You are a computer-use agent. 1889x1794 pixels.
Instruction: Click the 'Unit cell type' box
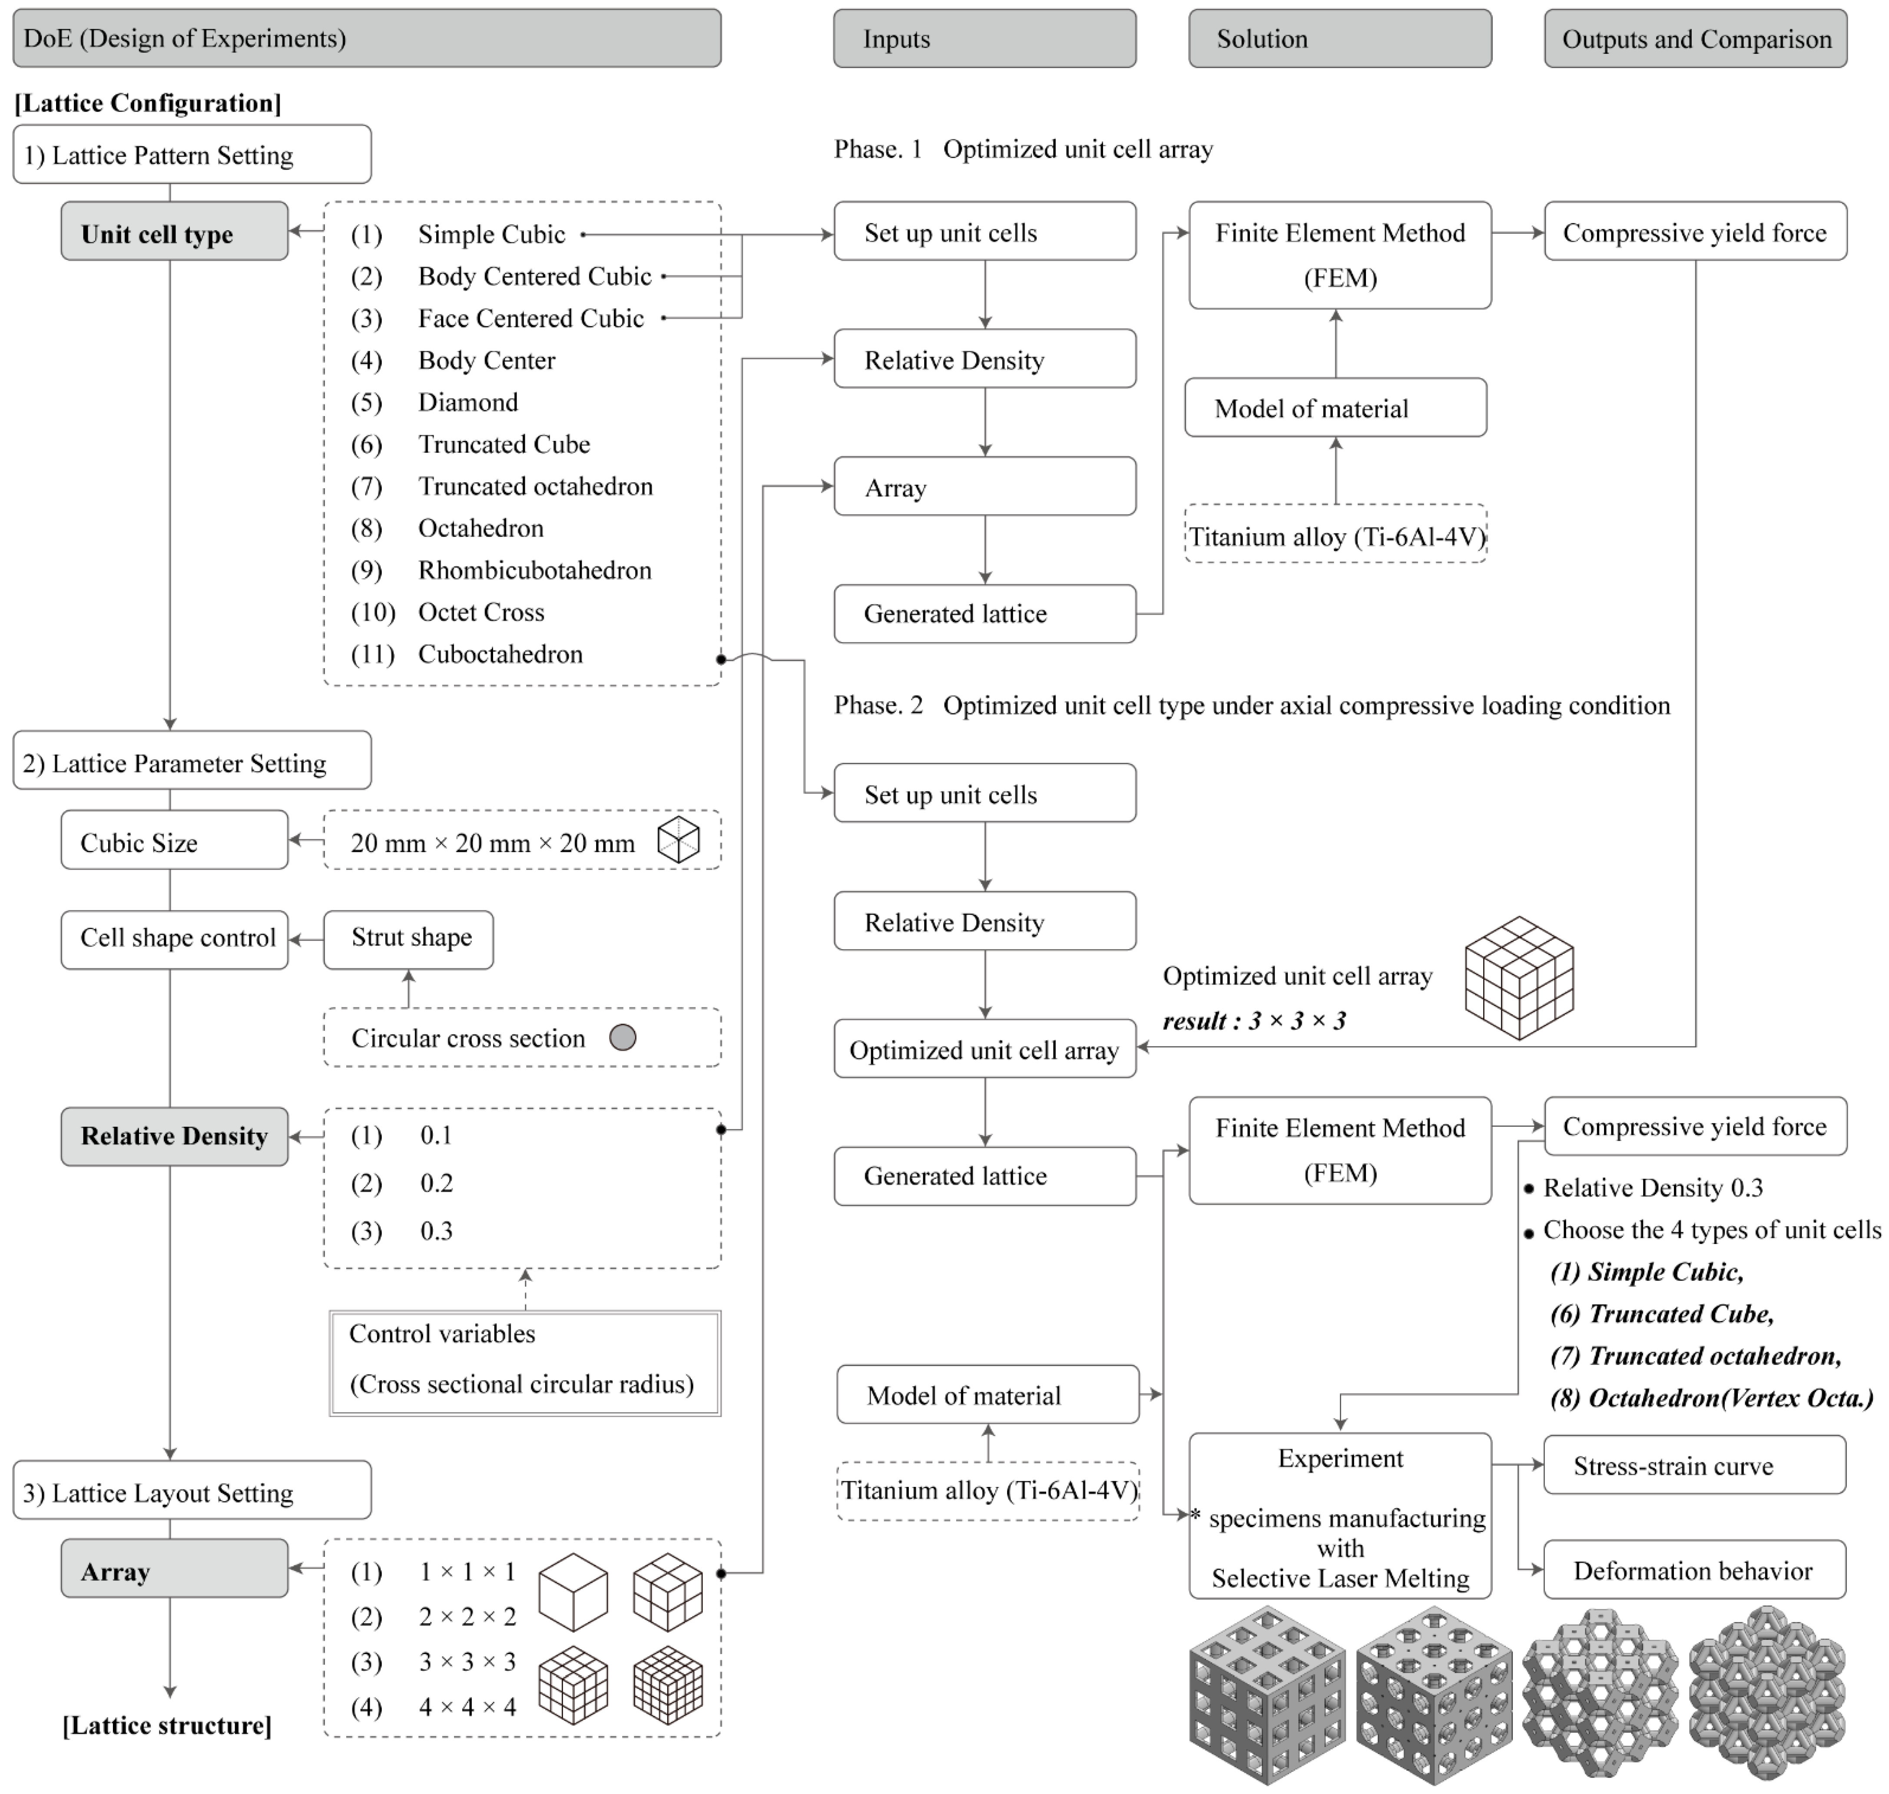174,232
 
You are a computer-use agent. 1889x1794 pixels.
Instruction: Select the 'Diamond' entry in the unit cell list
468,403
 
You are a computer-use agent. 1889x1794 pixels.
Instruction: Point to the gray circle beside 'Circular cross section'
623,1038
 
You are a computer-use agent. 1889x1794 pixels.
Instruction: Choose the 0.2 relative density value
436,1184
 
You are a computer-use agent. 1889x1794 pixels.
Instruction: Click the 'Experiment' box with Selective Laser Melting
1339,1516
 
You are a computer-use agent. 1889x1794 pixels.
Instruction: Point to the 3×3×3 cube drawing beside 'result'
1519,977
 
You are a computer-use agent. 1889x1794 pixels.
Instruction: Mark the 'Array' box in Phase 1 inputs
984,488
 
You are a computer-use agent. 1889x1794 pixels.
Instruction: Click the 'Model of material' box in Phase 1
1335,408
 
